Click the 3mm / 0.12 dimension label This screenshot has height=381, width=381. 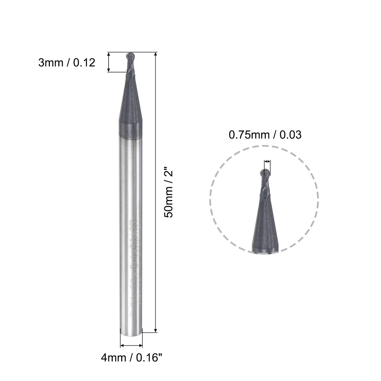coord(67,63)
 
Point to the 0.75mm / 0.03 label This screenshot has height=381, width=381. coord(265,135)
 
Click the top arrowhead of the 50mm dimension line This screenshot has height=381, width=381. coord(155,54)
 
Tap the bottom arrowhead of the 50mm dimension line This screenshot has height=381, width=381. coord(155,330)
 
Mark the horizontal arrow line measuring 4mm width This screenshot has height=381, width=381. coord(131,346)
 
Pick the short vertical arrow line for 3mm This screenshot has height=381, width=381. coord(109,62)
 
